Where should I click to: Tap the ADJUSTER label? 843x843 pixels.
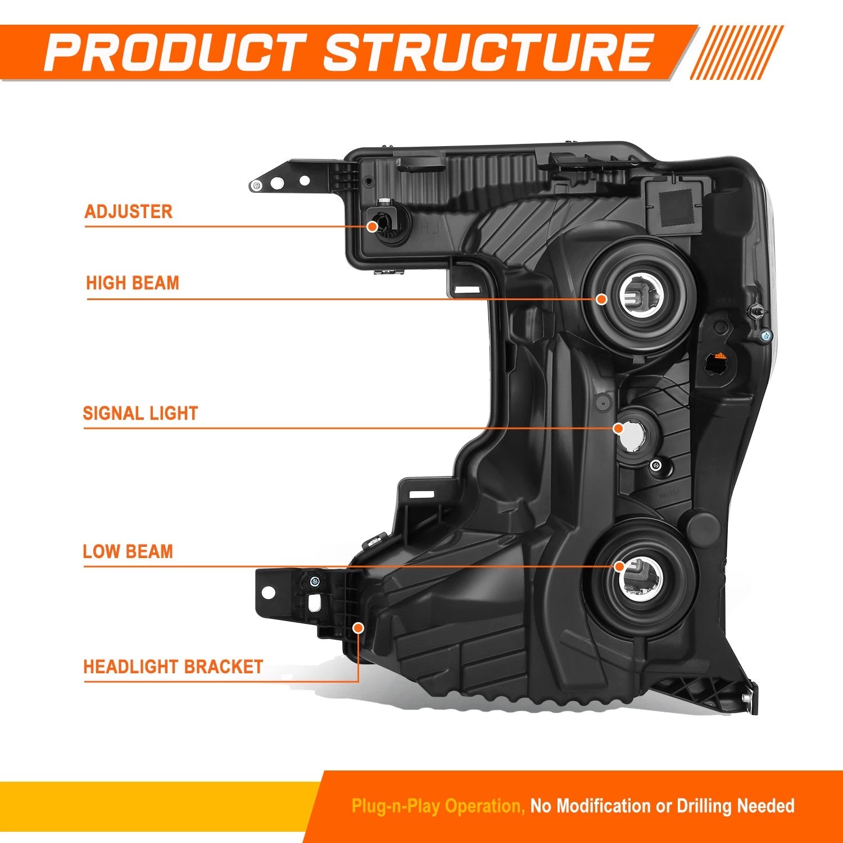coord(128,212)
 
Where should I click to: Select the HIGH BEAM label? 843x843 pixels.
coord(133,283)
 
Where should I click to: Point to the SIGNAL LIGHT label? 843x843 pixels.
coord(140,414)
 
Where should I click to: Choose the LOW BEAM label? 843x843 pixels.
coord(128,551)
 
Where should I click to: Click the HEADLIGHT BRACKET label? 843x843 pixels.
coord(173,667)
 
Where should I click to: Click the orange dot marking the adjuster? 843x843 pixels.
coord(372,226)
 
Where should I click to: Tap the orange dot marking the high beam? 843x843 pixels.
coord(601,299)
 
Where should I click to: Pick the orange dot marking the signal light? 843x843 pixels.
coord(619,428)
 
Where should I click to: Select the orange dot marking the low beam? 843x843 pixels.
coord(619,566)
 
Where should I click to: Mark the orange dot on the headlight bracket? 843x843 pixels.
coord(358,628)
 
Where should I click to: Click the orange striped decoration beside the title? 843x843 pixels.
coord(736,52)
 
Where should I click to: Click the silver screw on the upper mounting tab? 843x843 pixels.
coord(256,185)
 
